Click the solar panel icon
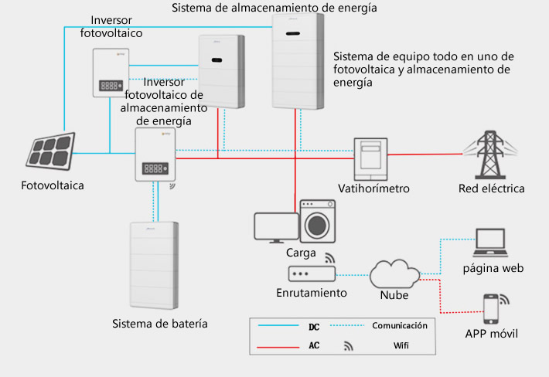[50, 151]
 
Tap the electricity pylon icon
[490, 155]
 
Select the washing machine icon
[318, 222]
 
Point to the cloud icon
[394, 273]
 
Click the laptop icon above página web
[490, 243]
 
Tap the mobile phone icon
[490, 309]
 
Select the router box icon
[312, 273]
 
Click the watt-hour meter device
[370, 159]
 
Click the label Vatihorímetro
[373, 188]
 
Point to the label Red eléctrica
[492, 188]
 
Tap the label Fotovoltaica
[53, 185]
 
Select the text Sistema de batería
[160, 324]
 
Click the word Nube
[394, 295]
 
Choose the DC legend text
[314, 327]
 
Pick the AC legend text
[314, 345]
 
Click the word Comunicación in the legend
[400, 325]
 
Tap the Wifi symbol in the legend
[349, 346]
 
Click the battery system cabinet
[154, 266]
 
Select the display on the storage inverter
[155, 168]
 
